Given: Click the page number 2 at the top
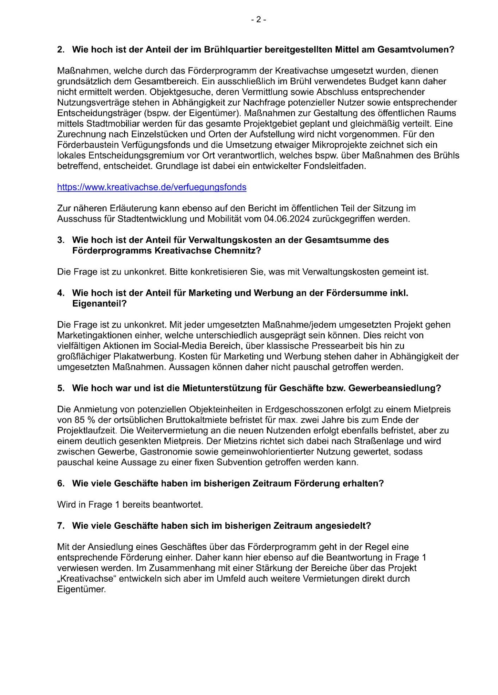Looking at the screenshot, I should click(258, 20).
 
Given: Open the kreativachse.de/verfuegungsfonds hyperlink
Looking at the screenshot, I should click(152, 187).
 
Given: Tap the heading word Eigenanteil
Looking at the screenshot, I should click(99, 304).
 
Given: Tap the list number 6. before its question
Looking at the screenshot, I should click(61, 484).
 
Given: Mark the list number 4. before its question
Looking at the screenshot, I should click(61, 293).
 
